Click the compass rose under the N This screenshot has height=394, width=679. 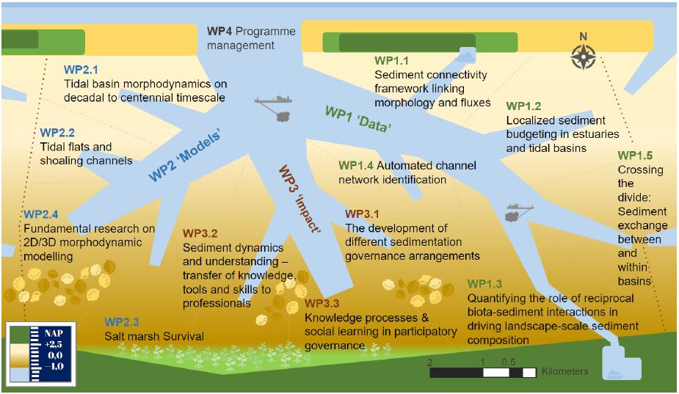tap(583, 56)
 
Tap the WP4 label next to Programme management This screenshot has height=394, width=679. tap(221, 31)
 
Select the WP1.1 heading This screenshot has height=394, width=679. tap(391, 60)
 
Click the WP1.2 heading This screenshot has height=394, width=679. tap(523, 106)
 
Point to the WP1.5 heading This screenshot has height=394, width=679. tap(635, 156)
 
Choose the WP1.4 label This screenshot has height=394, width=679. tap(355, 166)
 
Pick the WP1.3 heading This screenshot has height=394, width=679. tap(484, 285)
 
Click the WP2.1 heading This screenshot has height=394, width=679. tap(81, 70)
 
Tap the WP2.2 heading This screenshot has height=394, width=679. tap(57, 133)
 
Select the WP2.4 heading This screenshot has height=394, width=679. tap(40, 215)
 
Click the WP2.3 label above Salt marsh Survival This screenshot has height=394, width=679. tap(122, 322)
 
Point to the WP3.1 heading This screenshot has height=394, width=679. tap(362, 214)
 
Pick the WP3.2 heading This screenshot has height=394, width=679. tap(200, 234)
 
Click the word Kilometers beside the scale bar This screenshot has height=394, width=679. tap(564, 371)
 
